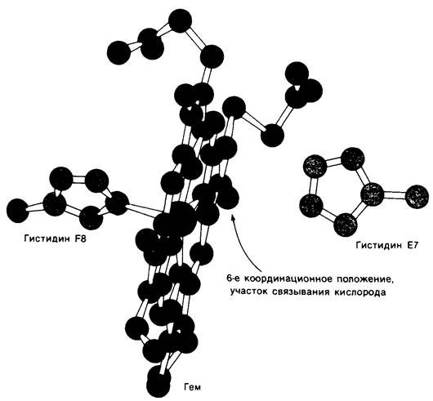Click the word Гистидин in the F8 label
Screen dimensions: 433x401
click(47, 238)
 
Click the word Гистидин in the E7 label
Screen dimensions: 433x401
click(379, 245)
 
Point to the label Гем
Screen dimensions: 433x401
click(193, 387)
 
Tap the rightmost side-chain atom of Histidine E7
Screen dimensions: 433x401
click(417, 197)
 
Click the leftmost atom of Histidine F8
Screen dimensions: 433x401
click(18, 211)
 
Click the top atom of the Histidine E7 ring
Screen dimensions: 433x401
click(353, 159)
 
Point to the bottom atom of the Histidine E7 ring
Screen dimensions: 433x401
click(346, 225)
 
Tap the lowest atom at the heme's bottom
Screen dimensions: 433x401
click(158, 385)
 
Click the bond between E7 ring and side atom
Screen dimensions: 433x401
click(394, 195)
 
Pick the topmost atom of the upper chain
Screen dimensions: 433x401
click(180, 21)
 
